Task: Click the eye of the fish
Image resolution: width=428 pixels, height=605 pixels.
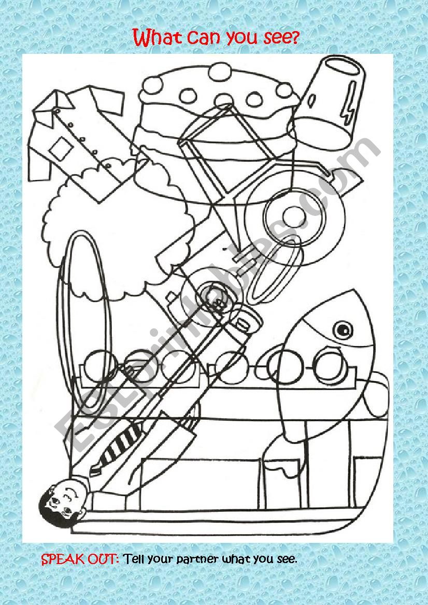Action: tap(342, 328)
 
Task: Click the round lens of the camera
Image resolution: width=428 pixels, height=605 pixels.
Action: tap(214, 295)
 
